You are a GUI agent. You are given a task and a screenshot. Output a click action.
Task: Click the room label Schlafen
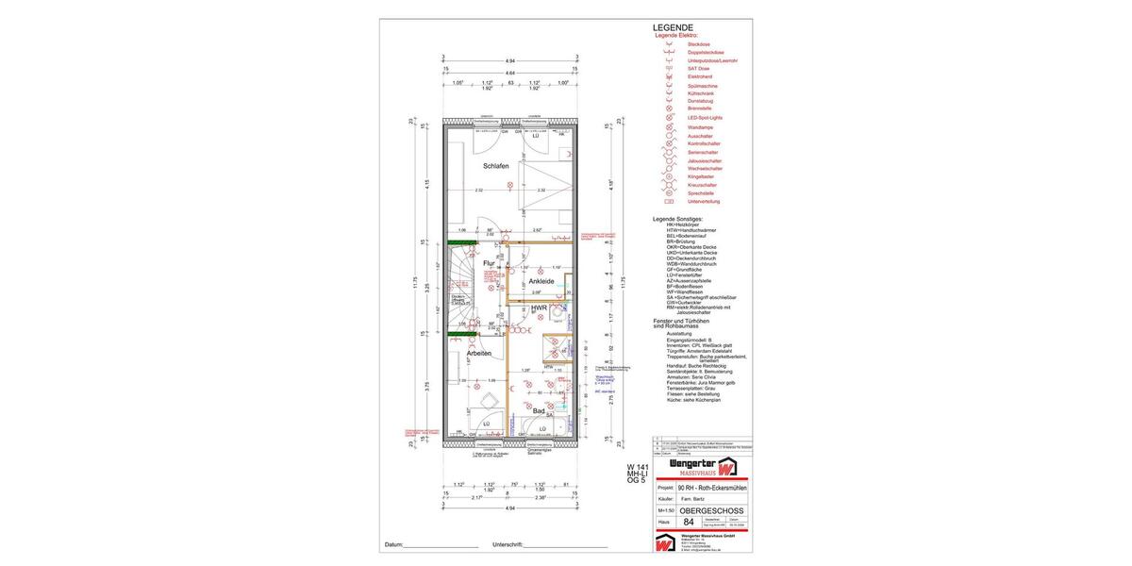(495, 166)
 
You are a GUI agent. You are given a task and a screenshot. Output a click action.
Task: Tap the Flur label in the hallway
(489, 263)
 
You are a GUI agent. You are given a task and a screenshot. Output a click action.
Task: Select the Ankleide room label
(541, 281)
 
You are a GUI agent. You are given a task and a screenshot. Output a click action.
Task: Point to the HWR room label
(539, 308)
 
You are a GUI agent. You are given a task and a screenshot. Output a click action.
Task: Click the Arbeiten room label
(478, 353)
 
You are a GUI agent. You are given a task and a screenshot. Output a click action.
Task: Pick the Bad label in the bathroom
(538, 410)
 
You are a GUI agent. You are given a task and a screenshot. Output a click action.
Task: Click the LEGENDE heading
(673, 27)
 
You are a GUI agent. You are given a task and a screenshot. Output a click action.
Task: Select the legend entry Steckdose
(699, 44)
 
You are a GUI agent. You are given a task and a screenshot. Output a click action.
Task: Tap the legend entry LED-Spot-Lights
(705, 118)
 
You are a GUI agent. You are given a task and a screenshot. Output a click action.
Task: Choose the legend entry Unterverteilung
(704, 201)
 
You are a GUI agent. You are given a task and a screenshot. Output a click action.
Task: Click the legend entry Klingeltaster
(701, 176)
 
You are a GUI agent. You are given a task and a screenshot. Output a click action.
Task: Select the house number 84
(688, 522)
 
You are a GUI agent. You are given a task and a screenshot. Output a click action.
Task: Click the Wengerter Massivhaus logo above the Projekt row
(702, 467)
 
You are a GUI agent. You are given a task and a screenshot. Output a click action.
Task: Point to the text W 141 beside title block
(638, 467)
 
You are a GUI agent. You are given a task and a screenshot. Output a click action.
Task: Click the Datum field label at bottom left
(393, 545)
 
